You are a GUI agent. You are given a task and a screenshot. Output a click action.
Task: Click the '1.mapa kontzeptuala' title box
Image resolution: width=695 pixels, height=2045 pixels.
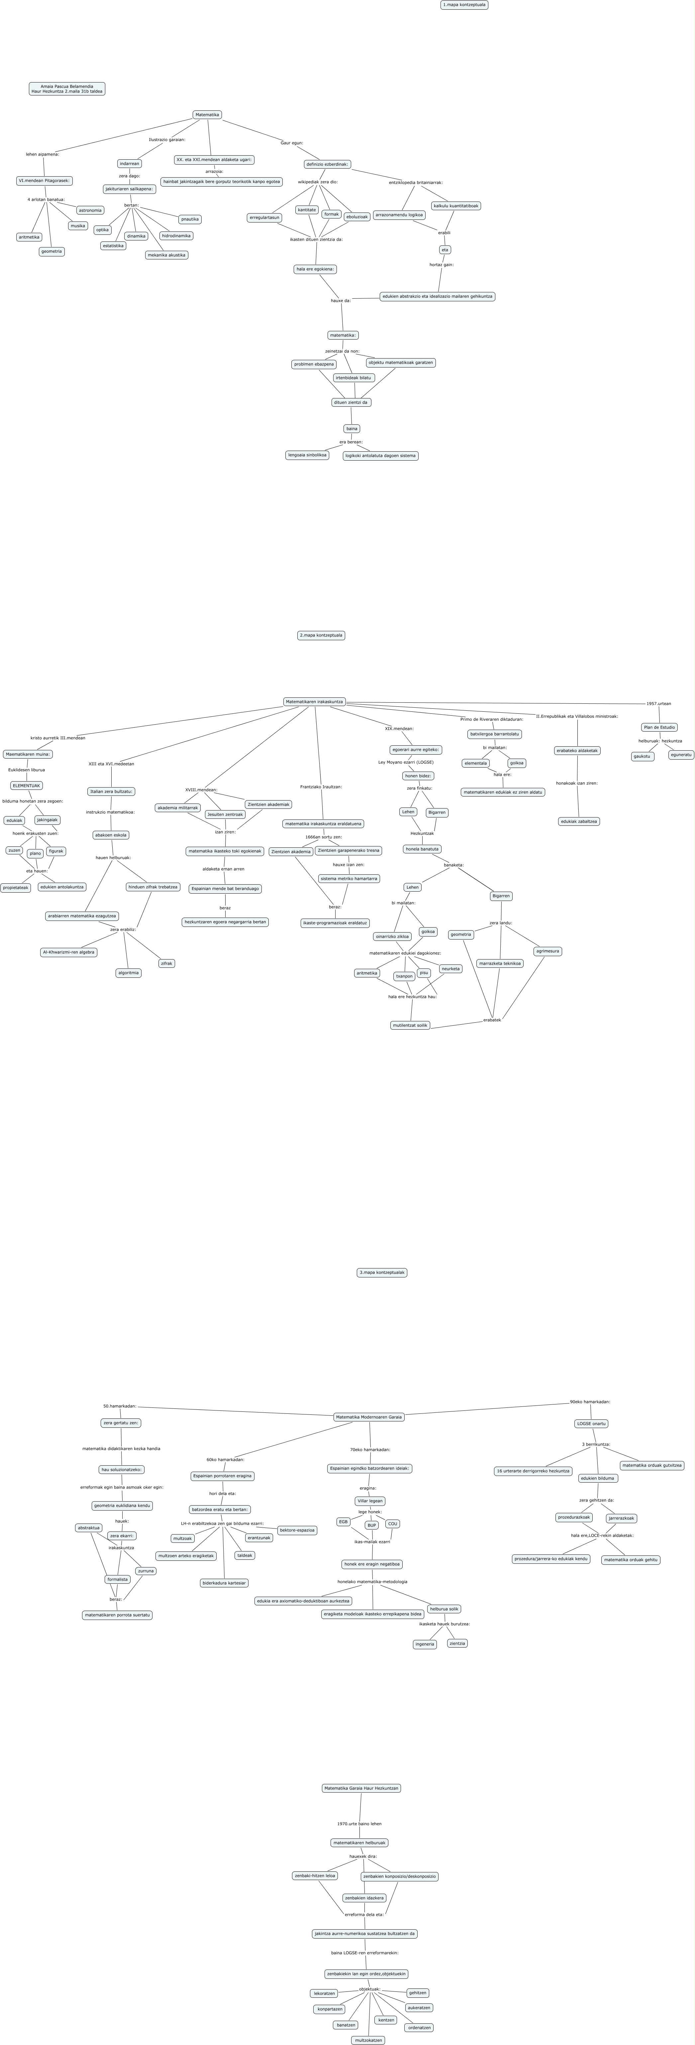(x=464, y=5)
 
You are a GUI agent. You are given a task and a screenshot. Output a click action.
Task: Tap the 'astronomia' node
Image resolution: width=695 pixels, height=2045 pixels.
(x=90, y=211)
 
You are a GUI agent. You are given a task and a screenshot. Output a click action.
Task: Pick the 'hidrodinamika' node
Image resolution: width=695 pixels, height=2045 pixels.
(x=176, y=236)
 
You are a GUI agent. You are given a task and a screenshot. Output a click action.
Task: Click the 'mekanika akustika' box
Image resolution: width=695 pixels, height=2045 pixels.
(x=167, y=255)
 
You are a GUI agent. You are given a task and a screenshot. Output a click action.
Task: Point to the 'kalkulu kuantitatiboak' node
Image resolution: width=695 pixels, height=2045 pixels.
(x=456, y=206)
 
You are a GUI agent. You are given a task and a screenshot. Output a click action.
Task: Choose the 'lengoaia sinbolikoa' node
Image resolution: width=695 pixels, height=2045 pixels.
(x=307, y=455)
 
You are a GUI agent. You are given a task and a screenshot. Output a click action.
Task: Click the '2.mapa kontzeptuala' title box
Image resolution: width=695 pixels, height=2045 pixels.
(x=321, y=635)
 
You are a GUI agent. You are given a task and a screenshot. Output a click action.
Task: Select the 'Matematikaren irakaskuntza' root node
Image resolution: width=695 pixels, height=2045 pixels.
(x=314, y=702)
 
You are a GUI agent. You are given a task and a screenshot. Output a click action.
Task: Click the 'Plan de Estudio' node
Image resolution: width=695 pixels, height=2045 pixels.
(x=659, y=727)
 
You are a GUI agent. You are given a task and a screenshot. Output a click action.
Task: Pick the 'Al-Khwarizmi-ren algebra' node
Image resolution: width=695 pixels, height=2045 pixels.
(x=69, y=952)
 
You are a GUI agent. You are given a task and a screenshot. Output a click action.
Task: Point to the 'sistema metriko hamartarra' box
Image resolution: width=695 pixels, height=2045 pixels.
(x=349, y=879)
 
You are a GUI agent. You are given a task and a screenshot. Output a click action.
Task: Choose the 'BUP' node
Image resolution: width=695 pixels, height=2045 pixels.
(x=371, y=1525)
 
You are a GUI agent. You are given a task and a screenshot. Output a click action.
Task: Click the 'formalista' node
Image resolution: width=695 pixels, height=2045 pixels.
(x=117, y=1579)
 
